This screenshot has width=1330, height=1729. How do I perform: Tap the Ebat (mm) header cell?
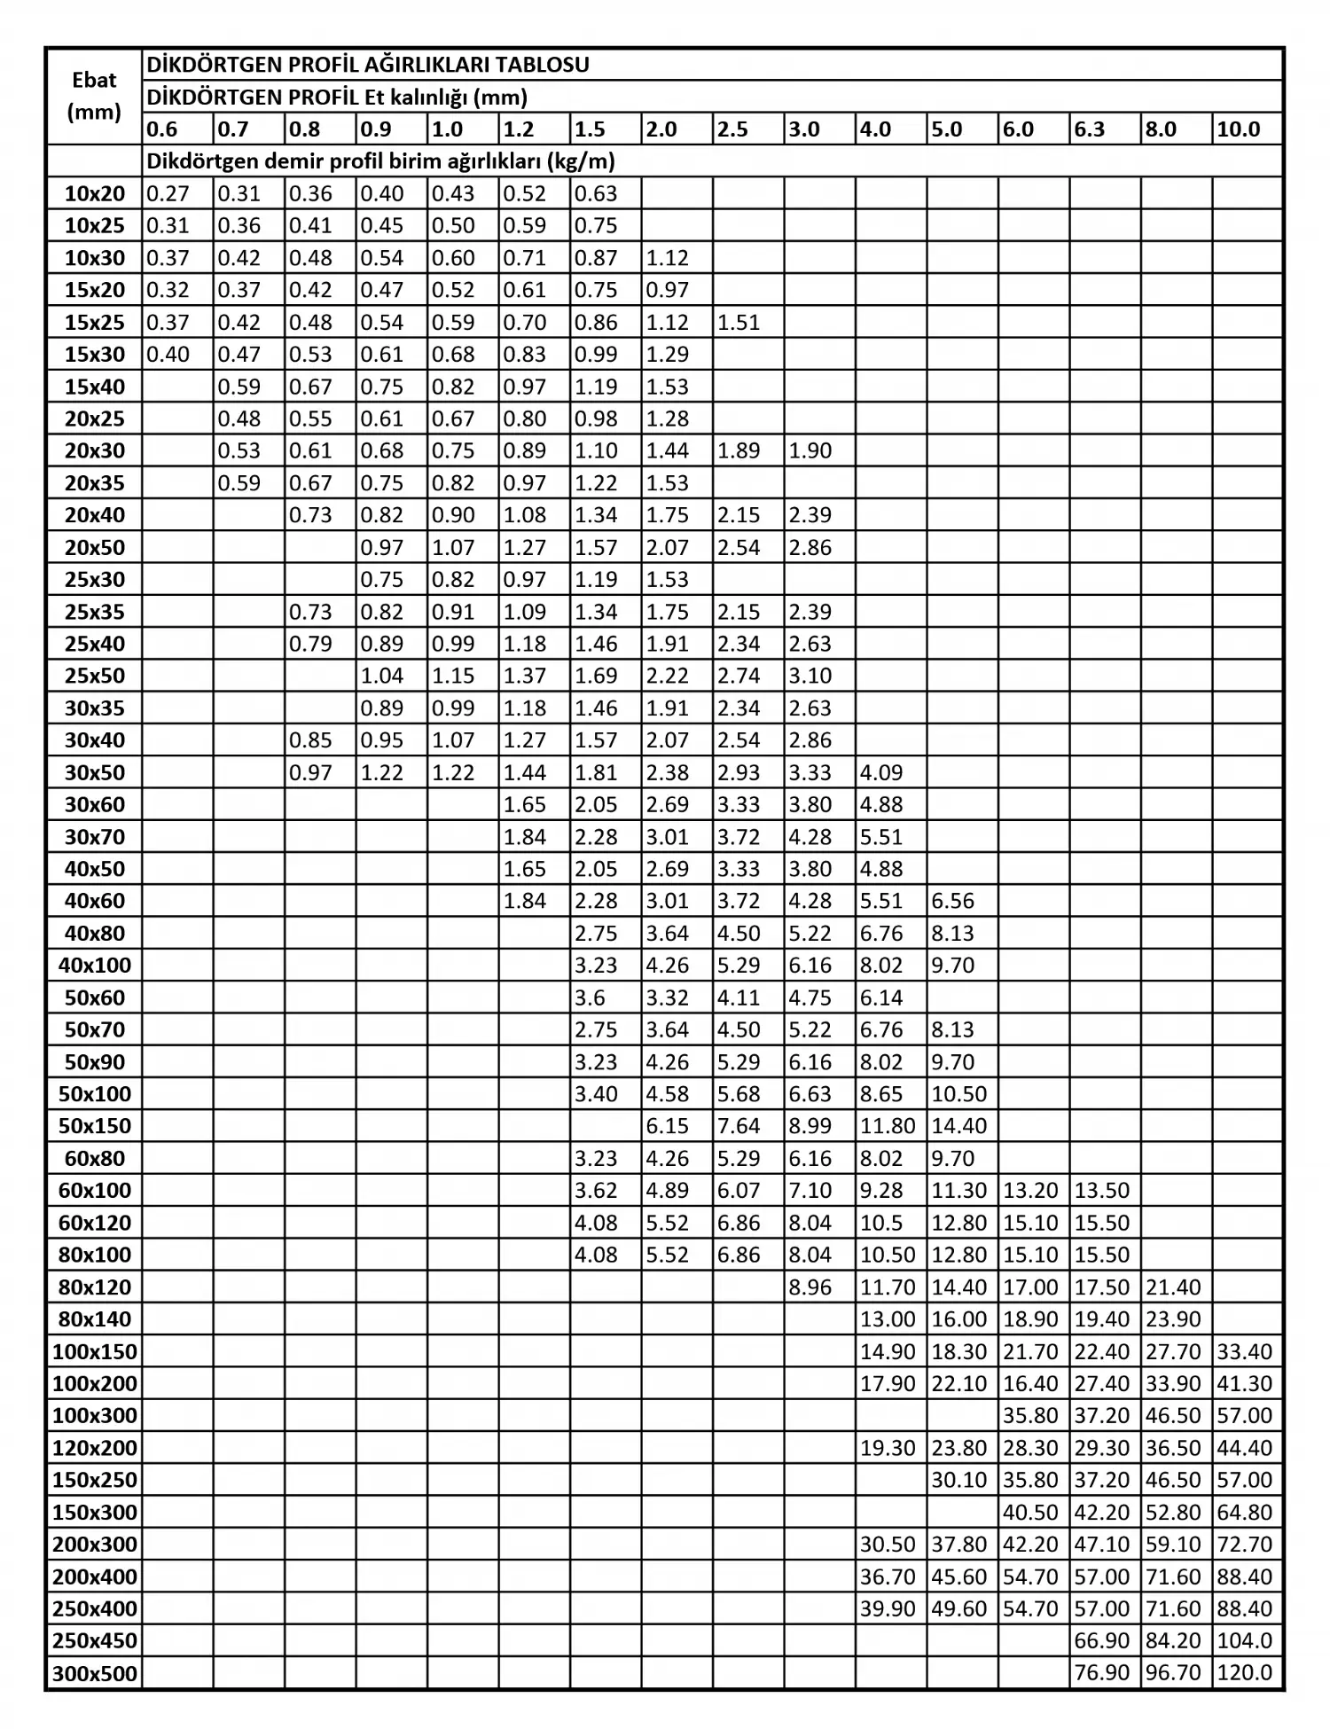(94, 96)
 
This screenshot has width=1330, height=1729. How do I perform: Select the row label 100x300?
(95, 1416)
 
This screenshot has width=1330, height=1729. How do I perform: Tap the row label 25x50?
(95, 676)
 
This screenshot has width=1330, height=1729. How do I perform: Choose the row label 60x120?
(95, 1223)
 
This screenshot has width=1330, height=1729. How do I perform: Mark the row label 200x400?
(95, 1576)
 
